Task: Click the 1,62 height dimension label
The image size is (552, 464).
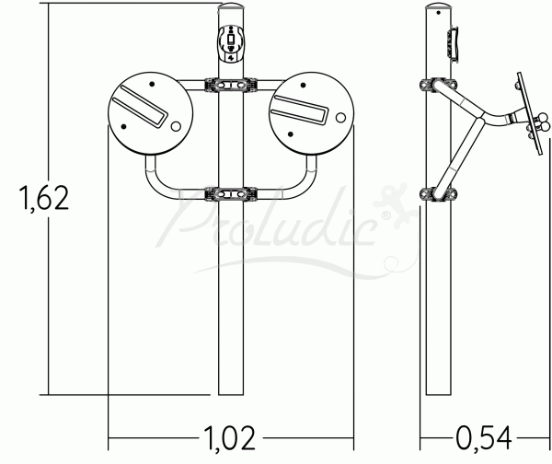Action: click(44, 198)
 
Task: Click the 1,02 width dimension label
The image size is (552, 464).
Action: click(229, 438)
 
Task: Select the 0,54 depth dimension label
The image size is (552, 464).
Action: click(484, 438)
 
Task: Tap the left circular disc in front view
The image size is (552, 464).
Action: click(151, 113)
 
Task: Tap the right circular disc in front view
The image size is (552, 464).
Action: click(311, 113)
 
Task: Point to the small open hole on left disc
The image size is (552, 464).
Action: click(176, 126)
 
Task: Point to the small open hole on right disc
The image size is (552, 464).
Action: click(340, 118)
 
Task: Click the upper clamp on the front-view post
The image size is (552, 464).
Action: click(231, 86)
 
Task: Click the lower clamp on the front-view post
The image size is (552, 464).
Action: click(231, 194)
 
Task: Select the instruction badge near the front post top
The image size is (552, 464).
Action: click(231, 43)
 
